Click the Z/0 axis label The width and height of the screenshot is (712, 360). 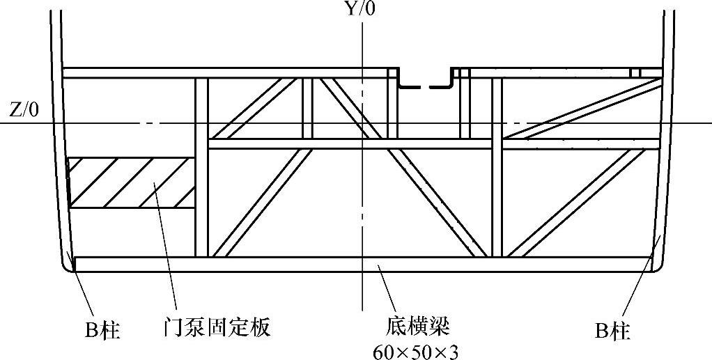coord(25,110)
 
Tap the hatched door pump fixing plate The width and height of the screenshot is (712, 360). coord(130,182)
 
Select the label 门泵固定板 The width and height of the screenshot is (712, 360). coord(213,327)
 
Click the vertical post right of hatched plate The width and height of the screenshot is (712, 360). coord(201,167)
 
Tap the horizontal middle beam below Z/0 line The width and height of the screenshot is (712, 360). coord(432,144)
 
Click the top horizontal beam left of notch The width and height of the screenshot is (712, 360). coord(223,72)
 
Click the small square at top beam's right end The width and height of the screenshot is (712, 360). coord(635,72)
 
